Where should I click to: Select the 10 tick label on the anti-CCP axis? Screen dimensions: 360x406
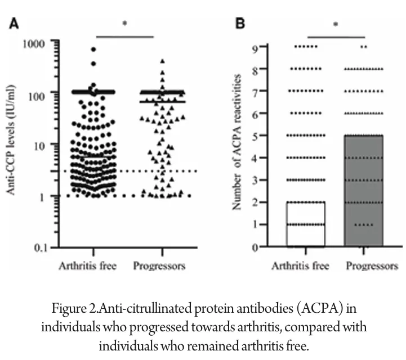point(44,144)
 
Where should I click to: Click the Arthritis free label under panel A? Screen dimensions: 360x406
point(87,265)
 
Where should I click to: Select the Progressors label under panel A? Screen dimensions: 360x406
point(159,265)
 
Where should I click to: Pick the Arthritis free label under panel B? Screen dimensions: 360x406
point(301,265)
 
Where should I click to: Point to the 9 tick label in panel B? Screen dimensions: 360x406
point(255,47)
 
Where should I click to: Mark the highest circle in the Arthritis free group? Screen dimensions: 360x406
point(93,49)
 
